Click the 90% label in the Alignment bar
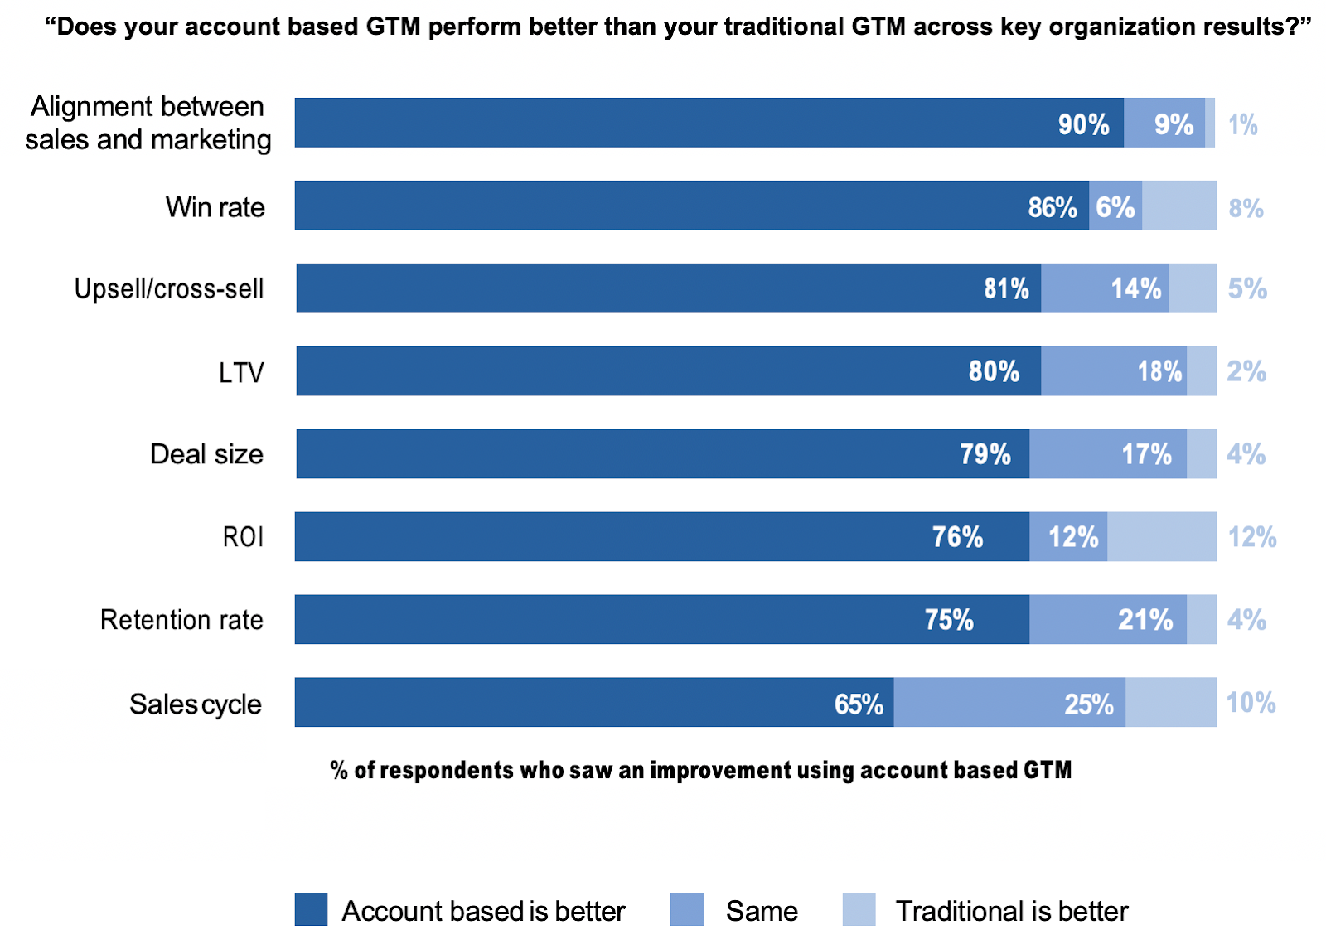coord(1083,124)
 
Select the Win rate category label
coord(215,206)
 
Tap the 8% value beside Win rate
coord(1246,207)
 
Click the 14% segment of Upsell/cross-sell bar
coord(1105,288)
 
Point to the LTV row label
coord(241,372)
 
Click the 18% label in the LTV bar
coord(1159,371)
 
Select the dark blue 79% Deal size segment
coord(663,454)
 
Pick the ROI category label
coord(243,537)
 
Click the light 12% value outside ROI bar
coord(1251,537)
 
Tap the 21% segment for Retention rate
coord(1108,620)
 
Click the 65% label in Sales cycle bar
coord(859,704)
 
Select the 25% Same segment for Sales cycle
coord(1009,703)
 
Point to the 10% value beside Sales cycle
coord(1251,703)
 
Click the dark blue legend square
coord(311,909)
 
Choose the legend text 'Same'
coord(762,911)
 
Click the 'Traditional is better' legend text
coord(1012,911)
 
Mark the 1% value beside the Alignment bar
coord(1242,124)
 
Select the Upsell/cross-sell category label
coord(169,288)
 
